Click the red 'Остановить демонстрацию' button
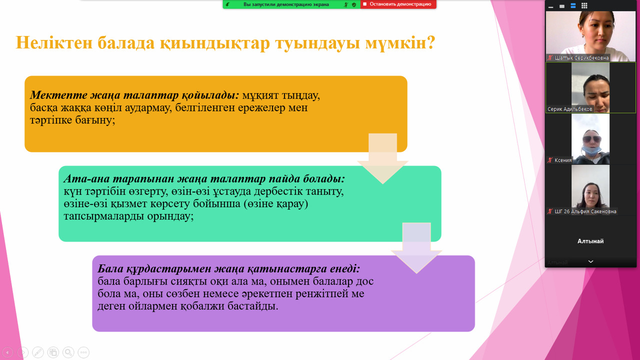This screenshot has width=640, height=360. pyautogui.click(x=398, y=4)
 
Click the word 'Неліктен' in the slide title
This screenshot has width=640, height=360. pyautogui.click(x=54, y=43)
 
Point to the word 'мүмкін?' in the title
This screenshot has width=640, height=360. pyautogui.click(x=400, y=43)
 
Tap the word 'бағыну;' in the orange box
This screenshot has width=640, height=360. pyautogui.click(x=95, y=120)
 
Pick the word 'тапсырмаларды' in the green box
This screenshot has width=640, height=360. pyautogui.click(x=103, y=216)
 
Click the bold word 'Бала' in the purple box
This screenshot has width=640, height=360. pyautogui.click(x=110, y=268)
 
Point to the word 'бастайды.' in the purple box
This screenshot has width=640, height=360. pyautogui.click(x=252, y=306)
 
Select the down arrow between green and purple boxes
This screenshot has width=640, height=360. pyautogui.click(x=416, y=247)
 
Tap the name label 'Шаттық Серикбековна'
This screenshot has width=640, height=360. pyautogui.click(x=581, y=58)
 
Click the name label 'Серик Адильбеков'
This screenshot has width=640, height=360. pyautogui.click(x=569, y=109)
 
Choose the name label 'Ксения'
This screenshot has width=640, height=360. pyautogui.click(x=563, y=160)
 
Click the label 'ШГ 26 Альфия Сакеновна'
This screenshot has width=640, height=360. pyautogui.click(x=585, y=211)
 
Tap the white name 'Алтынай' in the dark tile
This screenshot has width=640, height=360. pyautogui.click(x=590, y=241)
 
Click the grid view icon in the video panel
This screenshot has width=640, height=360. pyautogui.click(x=584, y=5)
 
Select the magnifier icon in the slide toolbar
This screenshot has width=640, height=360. pyautogui.click(x=68, y=352)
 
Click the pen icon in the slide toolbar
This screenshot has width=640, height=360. pyautogui.click(x=38, y=352)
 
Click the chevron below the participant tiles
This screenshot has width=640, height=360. pyautogui.click(x=590, y=261)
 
